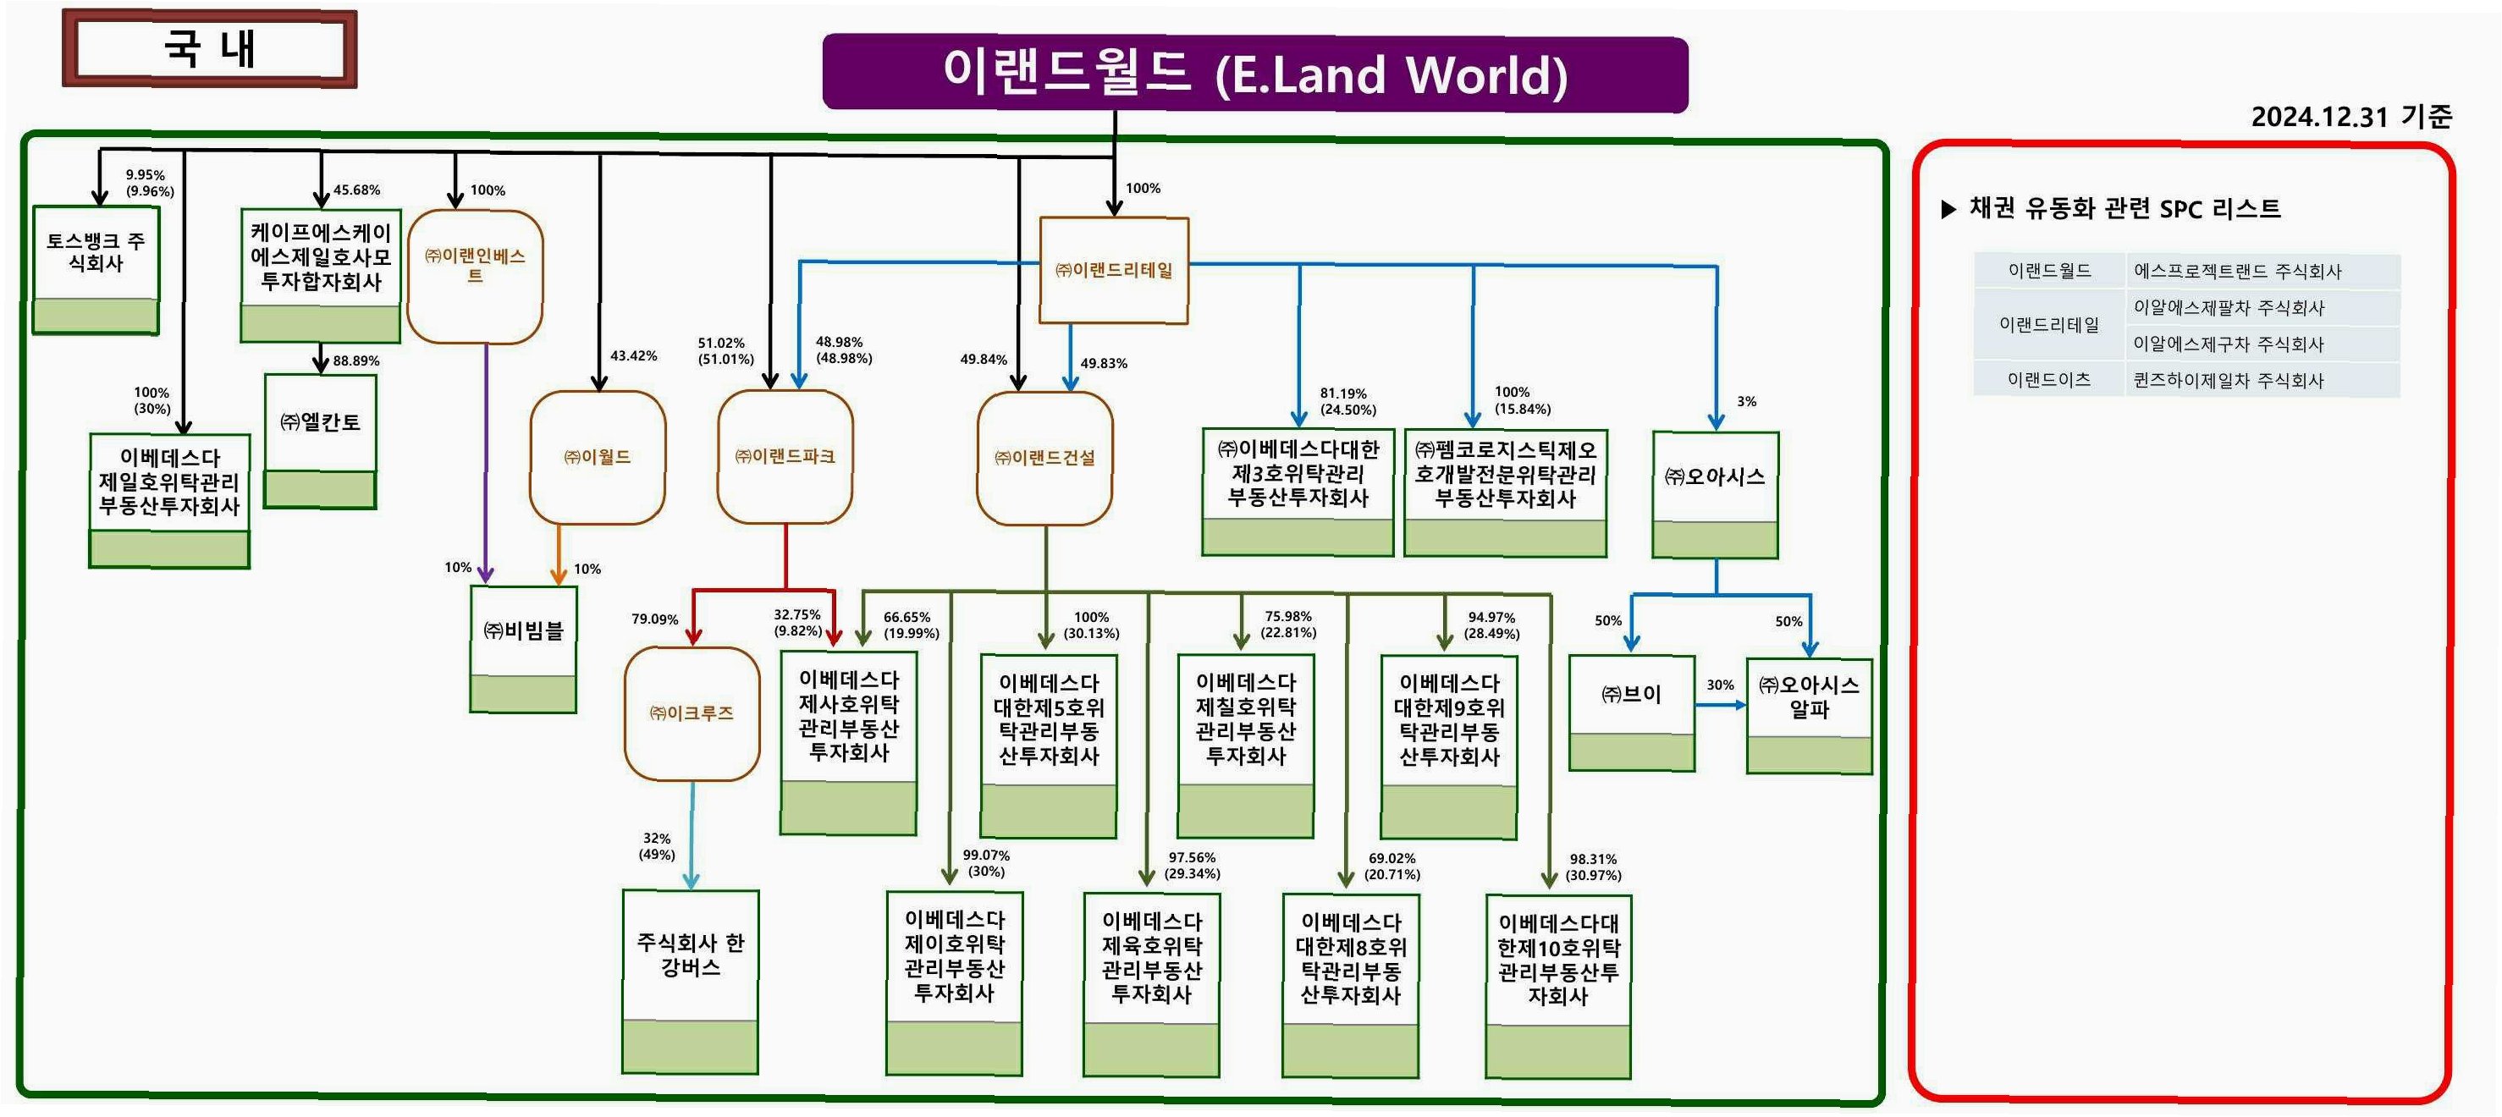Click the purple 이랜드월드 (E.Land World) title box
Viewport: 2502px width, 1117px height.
1255,74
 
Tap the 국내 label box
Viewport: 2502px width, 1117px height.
210,48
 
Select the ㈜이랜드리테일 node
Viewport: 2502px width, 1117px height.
1113,270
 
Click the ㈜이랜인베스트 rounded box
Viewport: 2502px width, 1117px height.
475,277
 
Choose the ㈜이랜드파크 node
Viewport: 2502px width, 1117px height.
785,456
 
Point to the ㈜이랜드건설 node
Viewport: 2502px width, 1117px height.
1044,458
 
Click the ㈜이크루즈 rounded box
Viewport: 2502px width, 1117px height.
692,714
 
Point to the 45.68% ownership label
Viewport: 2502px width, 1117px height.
356,190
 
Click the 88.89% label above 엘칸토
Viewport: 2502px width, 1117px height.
356,361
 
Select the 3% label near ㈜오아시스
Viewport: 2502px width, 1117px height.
1746,401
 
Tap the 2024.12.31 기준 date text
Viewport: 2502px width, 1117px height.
2350,118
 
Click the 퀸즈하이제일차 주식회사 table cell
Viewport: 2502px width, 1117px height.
2228,381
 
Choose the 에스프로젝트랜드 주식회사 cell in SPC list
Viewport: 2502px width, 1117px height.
2237,272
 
